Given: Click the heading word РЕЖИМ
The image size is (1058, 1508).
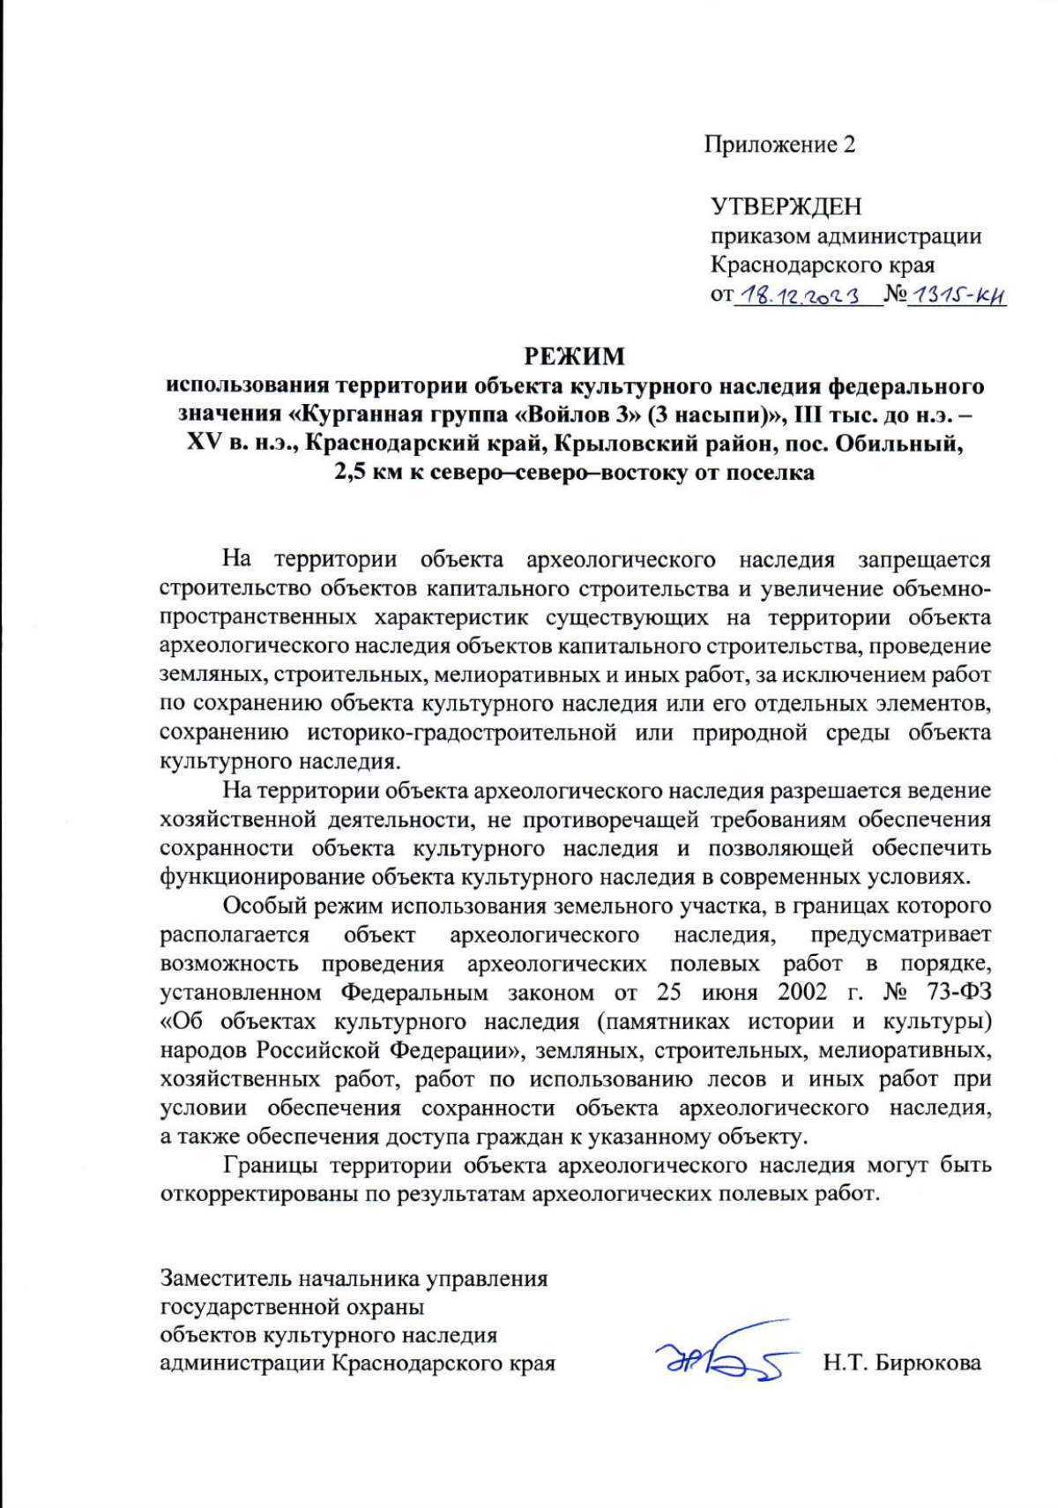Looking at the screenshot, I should [x=574, y=356].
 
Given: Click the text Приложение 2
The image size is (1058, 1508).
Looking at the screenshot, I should [x=779, y=144].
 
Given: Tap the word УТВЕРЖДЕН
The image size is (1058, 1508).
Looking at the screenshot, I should [x=786, y=206].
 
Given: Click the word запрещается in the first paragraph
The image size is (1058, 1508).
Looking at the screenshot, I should [x=925, y=559].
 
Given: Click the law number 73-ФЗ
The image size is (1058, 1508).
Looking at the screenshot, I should [x=959, y=992].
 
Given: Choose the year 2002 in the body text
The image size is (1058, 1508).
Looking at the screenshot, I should [x=802, y=992].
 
